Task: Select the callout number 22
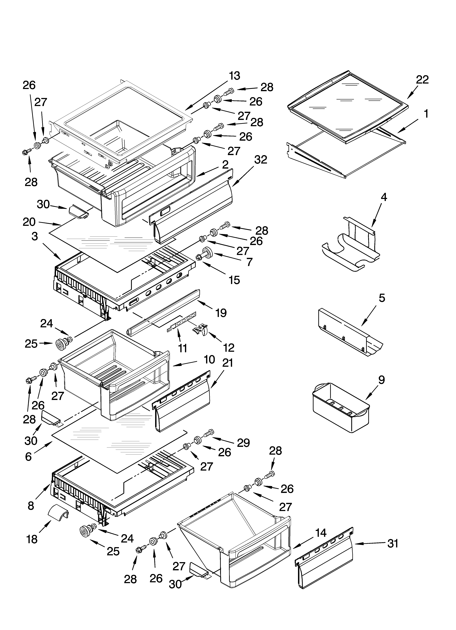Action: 422,80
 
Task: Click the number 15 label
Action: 234,280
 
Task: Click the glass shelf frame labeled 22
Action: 347,106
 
